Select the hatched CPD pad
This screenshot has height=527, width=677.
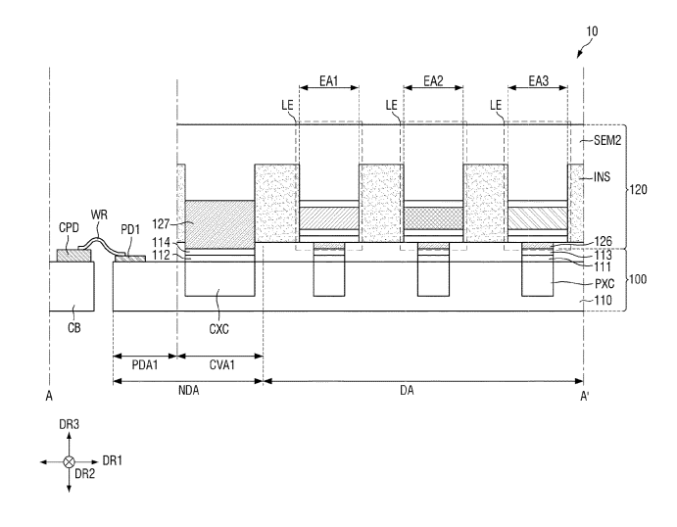tap(74, 256)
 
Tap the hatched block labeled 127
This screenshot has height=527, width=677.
tap(218, 222)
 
